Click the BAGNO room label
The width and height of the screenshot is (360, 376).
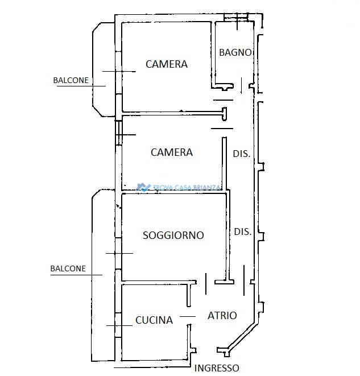235,52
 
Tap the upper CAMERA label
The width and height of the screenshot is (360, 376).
167,64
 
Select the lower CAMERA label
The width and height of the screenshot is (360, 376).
172,152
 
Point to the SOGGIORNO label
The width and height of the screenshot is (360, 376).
173,235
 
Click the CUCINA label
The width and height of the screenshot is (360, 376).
154,320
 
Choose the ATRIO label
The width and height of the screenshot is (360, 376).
222,316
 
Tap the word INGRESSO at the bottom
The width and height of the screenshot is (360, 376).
217,368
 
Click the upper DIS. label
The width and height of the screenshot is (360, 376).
242,154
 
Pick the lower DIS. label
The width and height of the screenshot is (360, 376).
242,232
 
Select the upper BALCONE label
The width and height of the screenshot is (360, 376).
71,80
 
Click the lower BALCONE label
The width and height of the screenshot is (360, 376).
68,268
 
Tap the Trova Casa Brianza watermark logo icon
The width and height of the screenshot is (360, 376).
143,187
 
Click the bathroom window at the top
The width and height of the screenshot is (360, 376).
236,17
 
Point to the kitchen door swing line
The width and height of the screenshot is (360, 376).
188,316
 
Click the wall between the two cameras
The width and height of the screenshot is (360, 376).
172,113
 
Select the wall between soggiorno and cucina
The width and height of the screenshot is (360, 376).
159,283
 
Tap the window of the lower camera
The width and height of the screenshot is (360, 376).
119,133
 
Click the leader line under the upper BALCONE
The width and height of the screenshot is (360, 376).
81,86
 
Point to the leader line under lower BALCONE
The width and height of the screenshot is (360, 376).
76,275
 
